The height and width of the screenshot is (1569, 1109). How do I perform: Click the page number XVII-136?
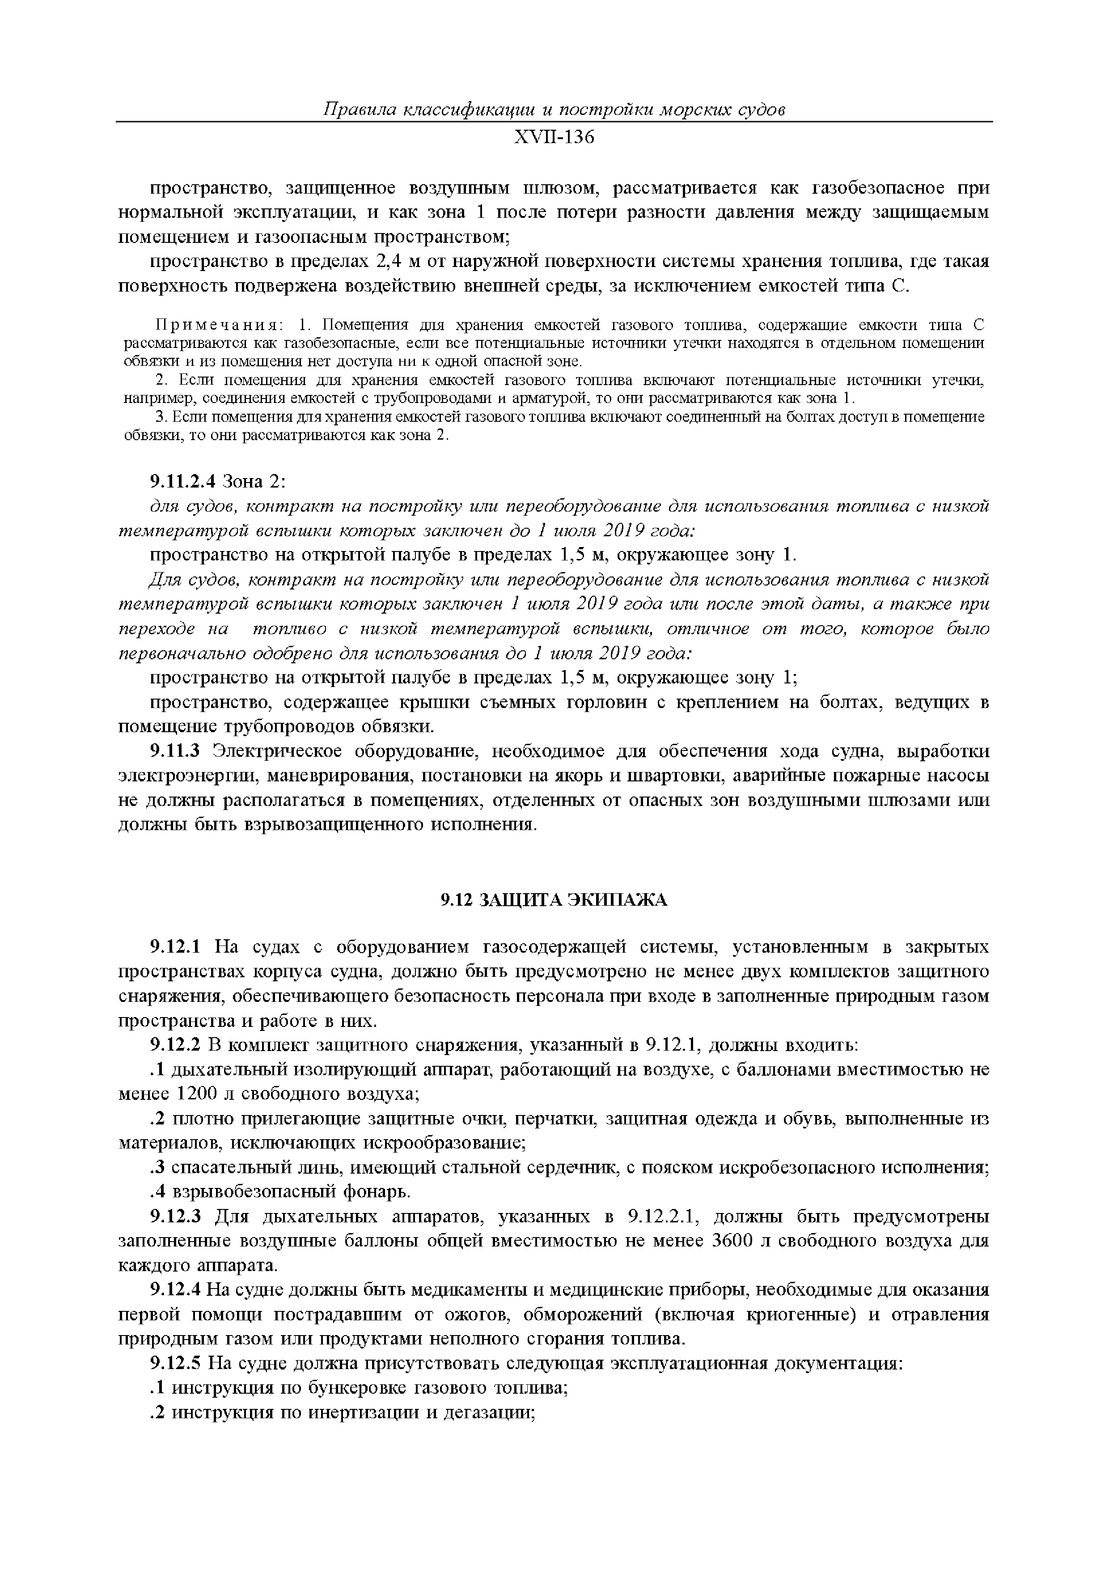[554, 137]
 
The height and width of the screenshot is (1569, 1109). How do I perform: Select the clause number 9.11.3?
[174, 751]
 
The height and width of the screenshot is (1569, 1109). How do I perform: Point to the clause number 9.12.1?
[174, 947]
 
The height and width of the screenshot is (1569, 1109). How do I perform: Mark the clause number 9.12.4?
[174, 1290]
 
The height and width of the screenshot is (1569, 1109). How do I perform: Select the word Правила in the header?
[352, 109]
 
